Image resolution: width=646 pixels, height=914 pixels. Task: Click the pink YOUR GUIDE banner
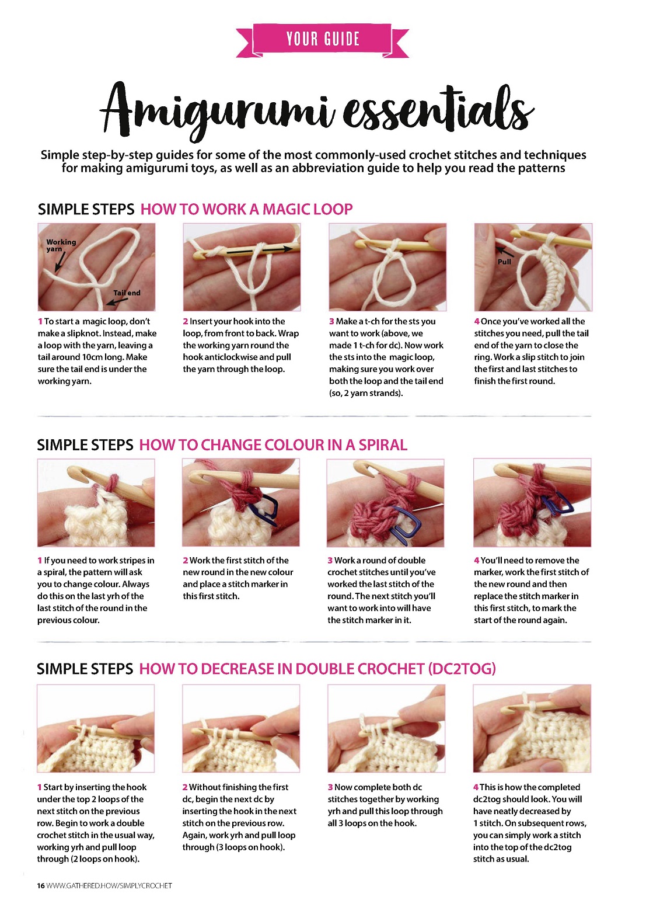(x=322, y=40)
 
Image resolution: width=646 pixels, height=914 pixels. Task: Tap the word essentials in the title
(x=438, y=108)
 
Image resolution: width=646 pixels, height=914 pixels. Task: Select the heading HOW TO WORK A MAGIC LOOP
(x=246, y=209)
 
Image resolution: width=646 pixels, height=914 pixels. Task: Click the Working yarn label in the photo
(x=61, y=245)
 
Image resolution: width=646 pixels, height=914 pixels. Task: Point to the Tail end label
(x=127, y=293)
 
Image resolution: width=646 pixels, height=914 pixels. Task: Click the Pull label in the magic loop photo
(x=504, y=262)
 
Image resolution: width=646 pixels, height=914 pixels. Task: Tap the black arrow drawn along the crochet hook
(x=259, y=250)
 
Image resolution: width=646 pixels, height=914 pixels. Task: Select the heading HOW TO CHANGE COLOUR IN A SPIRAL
(x=273, y=445)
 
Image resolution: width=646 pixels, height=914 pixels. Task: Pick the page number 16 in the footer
(x=40, y=886)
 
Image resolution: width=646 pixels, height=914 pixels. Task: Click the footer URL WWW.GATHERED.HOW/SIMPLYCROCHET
(x=109, y=886)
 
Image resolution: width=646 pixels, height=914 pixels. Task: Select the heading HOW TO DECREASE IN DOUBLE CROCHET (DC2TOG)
(x=317, y=669)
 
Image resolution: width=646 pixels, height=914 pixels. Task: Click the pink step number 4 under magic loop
(x=476, y=322)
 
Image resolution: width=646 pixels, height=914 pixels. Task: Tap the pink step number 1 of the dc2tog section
(x=39, y=787)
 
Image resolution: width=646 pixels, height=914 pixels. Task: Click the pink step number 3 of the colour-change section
(x=330, y=561)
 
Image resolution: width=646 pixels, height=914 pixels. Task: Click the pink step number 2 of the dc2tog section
(x=185, y=787)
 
